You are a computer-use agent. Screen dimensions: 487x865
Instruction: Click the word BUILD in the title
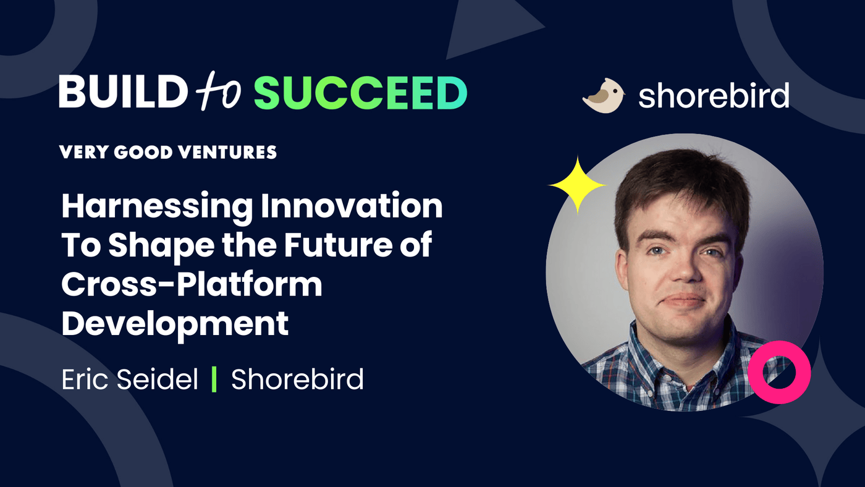(122, 93)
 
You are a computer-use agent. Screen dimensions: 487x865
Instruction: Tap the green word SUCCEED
(360, 93)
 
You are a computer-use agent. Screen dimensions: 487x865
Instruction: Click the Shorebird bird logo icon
(603, 96)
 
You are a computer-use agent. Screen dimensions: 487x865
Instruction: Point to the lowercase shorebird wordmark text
(714, 96)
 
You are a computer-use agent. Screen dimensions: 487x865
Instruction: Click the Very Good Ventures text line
(168, 152)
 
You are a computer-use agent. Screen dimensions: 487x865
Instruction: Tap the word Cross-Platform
(192, 284)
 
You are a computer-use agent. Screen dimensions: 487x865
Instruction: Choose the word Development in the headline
(175, 323)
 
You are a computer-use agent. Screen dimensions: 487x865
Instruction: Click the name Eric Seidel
(130, 379)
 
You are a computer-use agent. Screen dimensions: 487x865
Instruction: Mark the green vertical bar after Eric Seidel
(214, 379)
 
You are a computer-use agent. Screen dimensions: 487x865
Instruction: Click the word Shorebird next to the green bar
(297, 379)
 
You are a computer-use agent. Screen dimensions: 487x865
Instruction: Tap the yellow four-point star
(577, 185)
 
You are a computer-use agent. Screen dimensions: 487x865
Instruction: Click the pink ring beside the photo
(778, 372)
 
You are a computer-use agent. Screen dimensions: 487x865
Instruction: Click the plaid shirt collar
(643, 352)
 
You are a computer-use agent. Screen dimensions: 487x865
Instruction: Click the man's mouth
(683, 300)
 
